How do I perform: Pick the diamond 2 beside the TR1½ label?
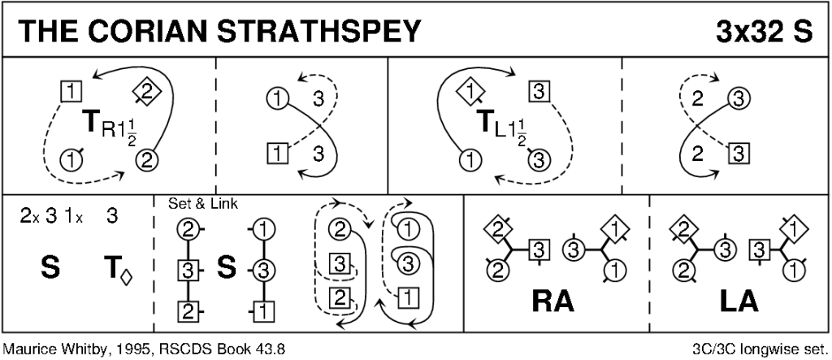coord(147,92)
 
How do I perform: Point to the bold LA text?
coord(739,301)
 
